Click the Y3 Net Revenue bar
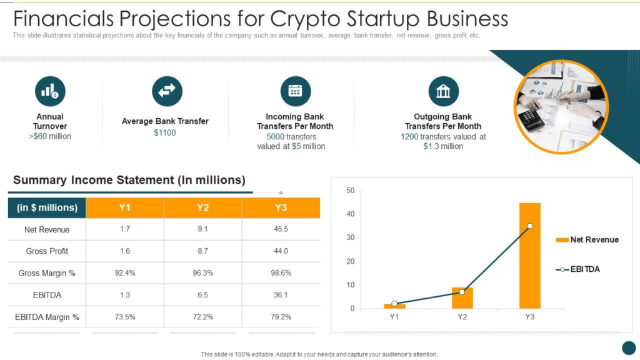pyautogui.click(x=530, y=256)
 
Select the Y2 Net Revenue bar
pyautogui.click(x=462, y=298)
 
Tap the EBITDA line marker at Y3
pyautogui.click(x=530, y=226)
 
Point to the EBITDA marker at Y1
pyautogui.click(x=394, y=303)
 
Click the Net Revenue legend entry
pyautogui.click(x=587, y=239)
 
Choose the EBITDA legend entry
pyautogui.click(x=577, y=269)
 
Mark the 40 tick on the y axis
pyautogui.click(x=350, y=214)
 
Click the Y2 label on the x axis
pyautogui.click(x=462, y=317)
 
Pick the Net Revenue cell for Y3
pyautogui.click(x=281, y=229)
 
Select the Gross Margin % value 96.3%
pyautogui.click(x=203, y=272)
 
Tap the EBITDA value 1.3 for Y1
pyautogui.click(x=125, y=295)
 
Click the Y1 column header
pyautogui.click(x=125, y=207)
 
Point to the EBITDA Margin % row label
pyautogui.click(x=47, y=317)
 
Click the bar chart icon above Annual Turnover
pyautogui.click(x=50, y=91)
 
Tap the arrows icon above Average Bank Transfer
pyautogui.click(x=167, y=91)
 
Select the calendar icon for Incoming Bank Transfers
pyautogui.click(x=296, y=91)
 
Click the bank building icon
pyautogui.click(x=443, y=91)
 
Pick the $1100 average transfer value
pyautogui.click(x=165, y=132)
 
